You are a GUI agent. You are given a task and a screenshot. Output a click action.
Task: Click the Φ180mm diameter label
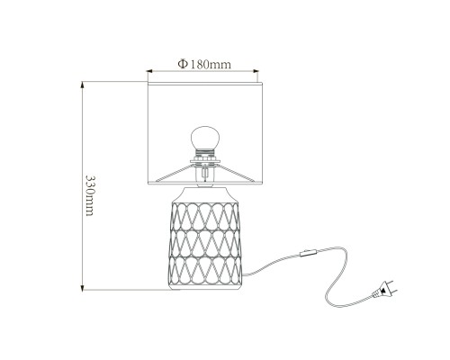pyautogui.click(x=204, y=64)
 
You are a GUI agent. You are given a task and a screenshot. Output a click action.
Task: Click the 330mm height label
pyautogui.click(x=90, y=195)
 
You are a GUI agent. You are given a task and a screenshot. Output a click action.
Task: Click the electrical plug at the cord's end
pyautogui.click(x=384, y=290)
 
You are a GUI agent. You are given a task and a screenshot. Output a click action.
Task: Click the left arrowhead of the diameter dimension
pyautogui.click(x=149, y=71)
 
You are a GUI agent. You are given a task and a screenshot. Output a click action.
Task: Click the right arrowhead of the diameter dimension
pyautogui.click(x=256, y=71)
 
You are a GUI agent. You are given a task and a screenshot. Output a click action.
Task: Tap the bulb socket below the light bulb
pyautogui.click(x=205, y=155)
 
